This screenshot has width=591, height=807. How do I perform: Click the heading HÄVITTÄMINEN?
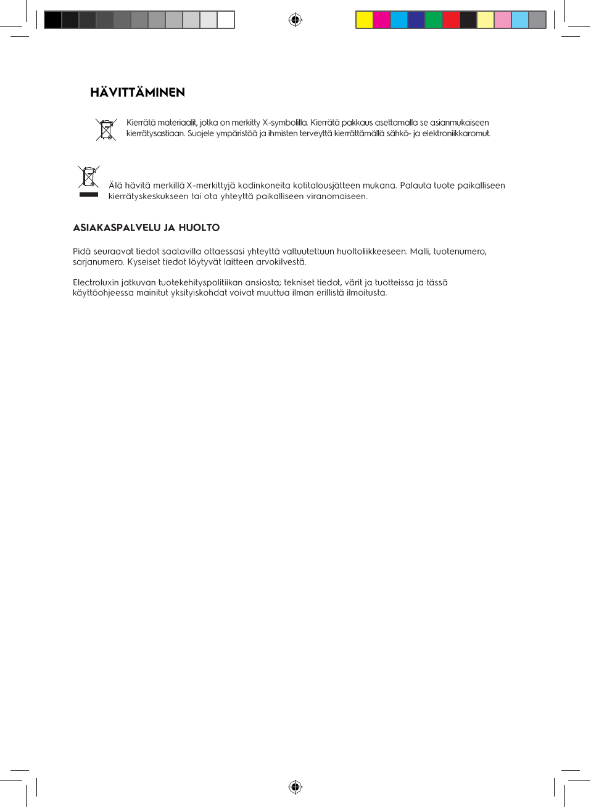click(x=138, y=92)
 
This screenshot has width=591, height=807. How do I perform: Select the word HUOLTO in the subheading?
click(x=199, y=227)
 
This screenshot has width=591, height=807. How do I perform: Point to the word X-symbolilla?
click(x=284, y=123)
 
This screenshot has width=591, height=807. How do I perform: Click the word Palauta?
click(x=415, y=186)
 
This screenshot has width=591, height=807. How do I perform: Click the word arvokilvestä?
click(x=281, y=262)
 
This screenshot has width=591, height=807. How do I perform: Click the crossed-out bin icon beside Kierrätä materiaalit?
click(x=106, y=129)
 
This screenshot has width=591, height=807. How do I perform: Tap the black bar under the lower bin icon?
click(x=89, y=194)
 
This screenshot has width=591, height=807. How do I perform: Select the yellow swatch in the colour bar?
click(x=365, y=20)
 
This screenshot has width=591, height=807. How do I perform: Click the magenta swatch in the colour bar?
click(x=382, y=20)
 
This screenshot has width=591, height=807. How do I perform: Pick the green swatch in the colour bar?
click(x=434, y=20)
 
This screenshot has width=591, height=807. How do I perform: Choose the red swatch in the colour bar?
click(x=451, y=20)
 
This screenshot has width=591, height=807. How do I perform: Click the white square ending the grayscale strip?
click(x=226, y=20)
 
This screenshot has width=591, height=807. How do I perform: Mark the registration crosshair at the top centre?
click(x=295, y=20)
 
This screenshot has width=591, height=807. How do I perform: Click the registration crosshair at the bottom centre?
click(x=295, y=787)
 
